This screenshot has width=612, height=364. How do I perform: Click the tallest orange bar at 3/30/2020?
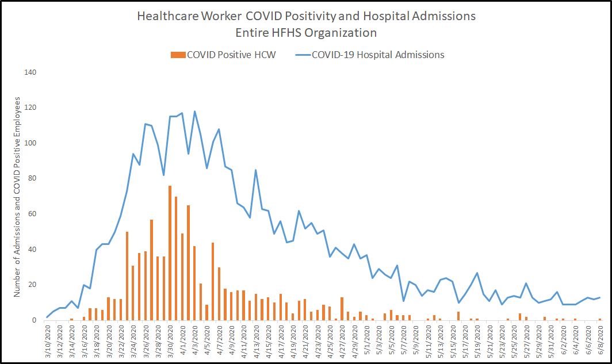point(170,253)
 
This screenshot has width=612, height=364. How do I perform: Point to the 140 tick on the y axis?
point(30,72)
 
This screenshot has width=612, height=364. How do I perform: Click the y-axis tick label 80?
point(32,179)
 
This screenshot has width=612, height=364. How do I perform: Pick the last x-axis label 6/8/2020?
point(600,341)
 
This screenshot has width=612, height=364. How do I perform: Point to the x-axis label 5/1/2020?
point(366,341)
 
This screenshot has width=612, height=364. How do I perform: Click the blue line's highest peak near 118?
point(194,111)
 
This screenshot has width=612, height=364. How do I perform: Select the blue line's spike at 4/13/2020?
point(256,170)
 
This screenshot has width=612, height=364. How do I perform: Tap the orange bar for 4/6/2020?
point(213,282)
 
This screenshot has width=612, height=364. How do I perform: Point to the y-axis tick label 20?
point(32,285)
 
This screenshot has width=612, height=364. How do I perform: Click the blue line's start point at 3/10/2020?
point(47,317)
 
